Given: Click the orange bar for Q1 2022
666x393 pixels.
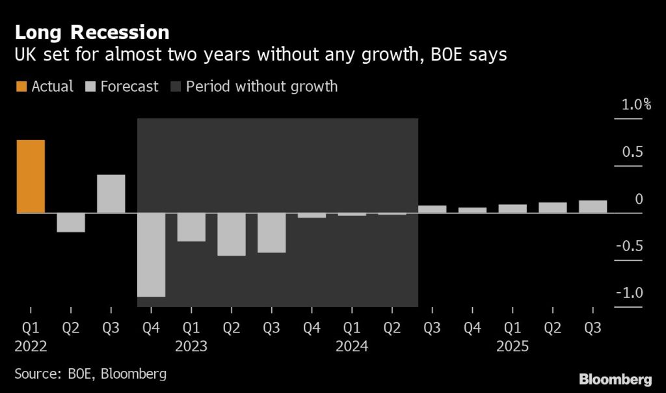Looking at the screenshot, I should pos(31,176).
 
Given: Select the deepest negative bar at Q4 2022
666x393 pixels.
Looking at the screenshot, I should pos(151,254).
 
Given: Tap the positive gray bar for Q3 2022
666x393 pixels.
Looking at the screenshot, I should pos(111,194).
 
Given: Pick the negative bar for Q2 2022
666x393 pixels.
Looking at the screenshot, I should pos(71,223).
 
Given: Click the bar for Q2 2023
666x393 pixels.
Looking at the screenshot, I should pos(231,234).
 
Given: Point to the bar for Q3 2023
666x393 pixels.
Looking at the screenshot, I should pos(271,233).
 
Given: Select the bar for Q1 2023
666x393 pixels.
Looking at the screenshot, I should pos(191,227).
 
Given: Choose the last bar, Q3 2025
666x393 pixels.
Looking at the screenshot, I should pos(593,206).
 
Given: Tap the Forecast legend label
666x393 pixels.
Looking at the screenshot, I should pos(129,87).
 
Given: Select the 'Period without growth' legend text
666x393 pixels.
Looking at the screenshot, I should pos(261,87).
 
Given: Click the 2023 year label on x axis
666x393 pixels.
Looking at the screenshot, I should pos(191,347).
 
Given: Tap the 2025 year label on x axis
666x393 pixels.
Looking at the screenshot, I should pos(513,347).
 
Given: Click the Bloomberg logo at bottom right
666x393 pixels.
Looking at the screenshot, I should pos(615,379).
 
